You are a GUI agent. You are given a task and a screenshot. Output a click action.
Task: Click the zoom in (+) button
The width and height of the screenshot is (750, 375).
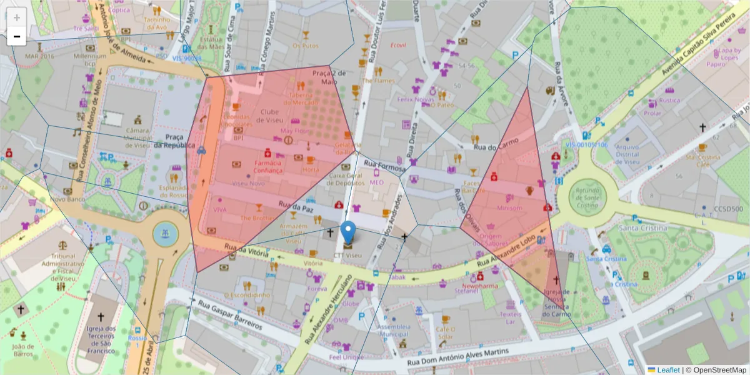pos(17,17)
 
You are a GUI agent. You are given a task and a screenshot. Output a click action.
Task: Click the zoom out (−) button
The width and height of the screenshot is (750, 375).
pos(17,36)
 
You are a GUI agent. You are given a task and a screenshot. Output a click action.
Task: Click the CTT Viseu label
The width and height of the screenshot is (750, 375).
pos(347,256)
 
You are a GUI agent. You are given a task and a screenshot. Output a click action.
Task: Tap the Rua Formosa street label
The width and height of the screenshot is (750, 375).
pos(384,166)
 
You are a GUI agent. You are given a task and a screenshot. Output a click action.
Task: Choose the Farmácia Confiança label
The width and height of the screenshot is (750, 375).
pos(269,166)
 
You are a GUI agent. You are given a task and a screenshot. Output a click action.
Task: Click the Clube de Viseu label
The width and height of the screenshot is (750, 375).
pos(269,116)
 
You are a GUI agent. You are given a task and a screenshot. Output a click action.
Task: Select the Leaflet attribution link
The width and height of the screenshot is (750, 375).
pos(667,370)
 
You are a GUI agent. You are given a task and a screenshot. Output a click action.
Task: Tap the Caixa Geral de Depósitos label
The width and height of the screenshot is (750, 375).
pos(346,179)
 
